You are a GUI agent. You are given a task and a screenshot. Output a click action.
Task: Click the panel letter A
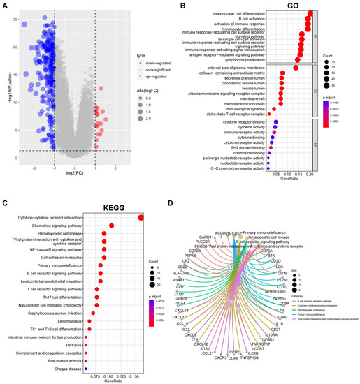(5, 5)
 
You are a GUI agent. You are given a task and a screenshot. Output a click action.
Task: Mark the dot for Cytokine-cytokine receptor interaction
(141, 217)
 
